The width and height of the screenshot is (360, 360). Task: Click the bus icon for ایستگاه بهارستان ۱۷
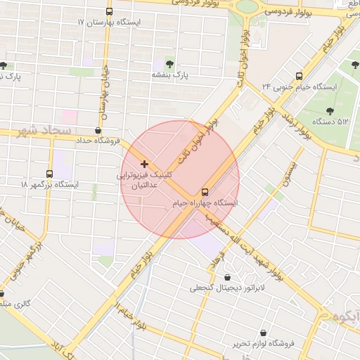108,12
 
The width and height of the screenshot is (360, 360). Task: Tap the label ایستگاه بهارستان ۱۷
109,22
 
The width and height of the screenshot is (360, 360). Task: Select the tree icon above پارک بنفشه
168,62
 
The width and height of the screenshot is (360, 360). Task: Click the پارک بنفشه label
171,73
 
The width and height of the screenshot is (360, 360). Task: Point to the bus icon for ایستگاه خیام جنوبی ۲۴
299,76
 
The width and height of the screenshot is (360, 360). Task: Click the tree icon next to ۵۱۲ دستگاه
330,110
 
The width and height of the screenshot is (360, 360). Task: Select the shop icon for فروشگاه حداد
97,130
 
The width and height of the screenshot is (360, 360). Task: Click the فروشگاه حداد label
98,141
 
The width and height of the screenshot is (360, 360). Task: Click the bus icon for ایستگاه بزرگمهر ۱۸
49,173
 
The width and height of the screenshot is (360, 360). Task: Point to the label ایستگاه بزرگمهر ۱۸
50,184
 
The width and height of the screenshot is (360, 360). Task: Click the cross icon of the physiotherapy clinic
145,164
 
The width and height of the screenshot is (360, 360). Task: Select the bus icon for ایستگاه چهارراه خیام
205,191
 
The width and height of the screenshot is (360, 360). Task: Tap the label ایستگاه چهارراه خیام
205,202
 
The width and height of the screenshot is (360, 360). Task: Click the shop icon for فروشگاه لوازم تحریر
263,333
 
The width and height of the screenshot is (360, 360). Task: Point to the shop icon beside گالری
2,293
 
